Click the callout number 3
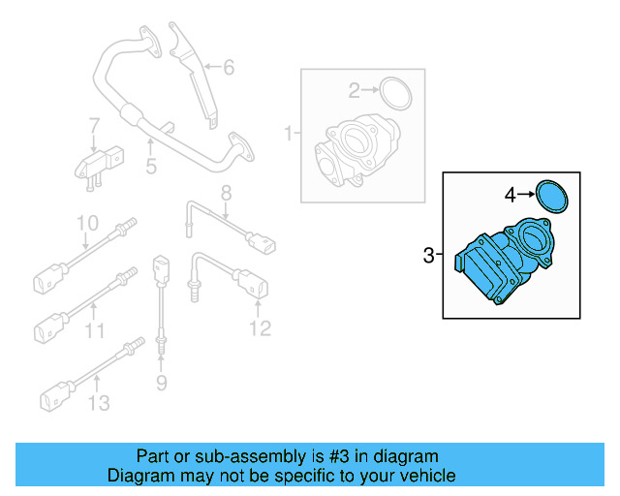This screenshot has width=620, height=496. (429, 256)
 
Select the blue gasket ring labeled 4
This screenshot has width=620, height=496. (552, 196)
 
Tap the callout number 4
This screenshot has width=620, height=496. (511, 195)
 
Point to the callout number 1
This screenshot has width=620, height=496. (288, 131)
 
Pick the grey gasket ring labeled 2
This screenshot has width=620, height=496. (394, 93)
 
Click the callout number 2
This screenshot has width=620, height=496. (354, 90)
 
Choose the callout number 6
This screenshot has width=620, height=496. (229, 68)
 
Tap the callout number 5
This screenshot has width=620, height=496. (151, 168)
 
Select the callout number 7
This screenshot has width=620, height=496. (94, 126)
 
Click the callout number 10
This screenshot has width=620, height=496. (87, 223)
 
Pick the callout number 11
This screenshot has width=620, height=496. (93, 331)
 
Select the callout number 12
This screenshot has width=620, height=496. (259, 329)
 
